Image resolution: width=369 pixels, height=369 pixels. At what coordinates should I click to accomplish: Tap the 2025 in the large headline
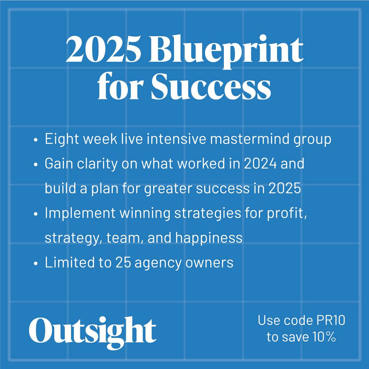coord(103,50)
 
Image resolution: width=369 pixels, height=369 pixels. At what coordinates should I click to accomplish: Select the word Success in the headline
coord(211,87)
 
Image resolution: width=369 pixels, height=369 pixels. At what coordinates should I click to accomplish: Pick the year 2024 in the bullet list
coord(260,164)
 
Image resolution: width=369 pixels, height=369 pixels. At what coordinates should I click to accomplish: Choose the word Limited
coord(70,263)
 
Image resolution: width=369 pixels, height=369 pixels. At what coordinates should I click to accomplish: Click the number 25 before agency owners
coord(123,263)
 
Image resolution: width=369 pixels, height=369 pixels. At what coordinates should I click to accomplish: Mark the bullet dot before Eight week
coord(35,140)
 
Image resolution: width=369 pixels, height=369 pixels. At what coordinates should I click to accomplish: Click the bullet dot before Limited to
coord(35,264)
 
